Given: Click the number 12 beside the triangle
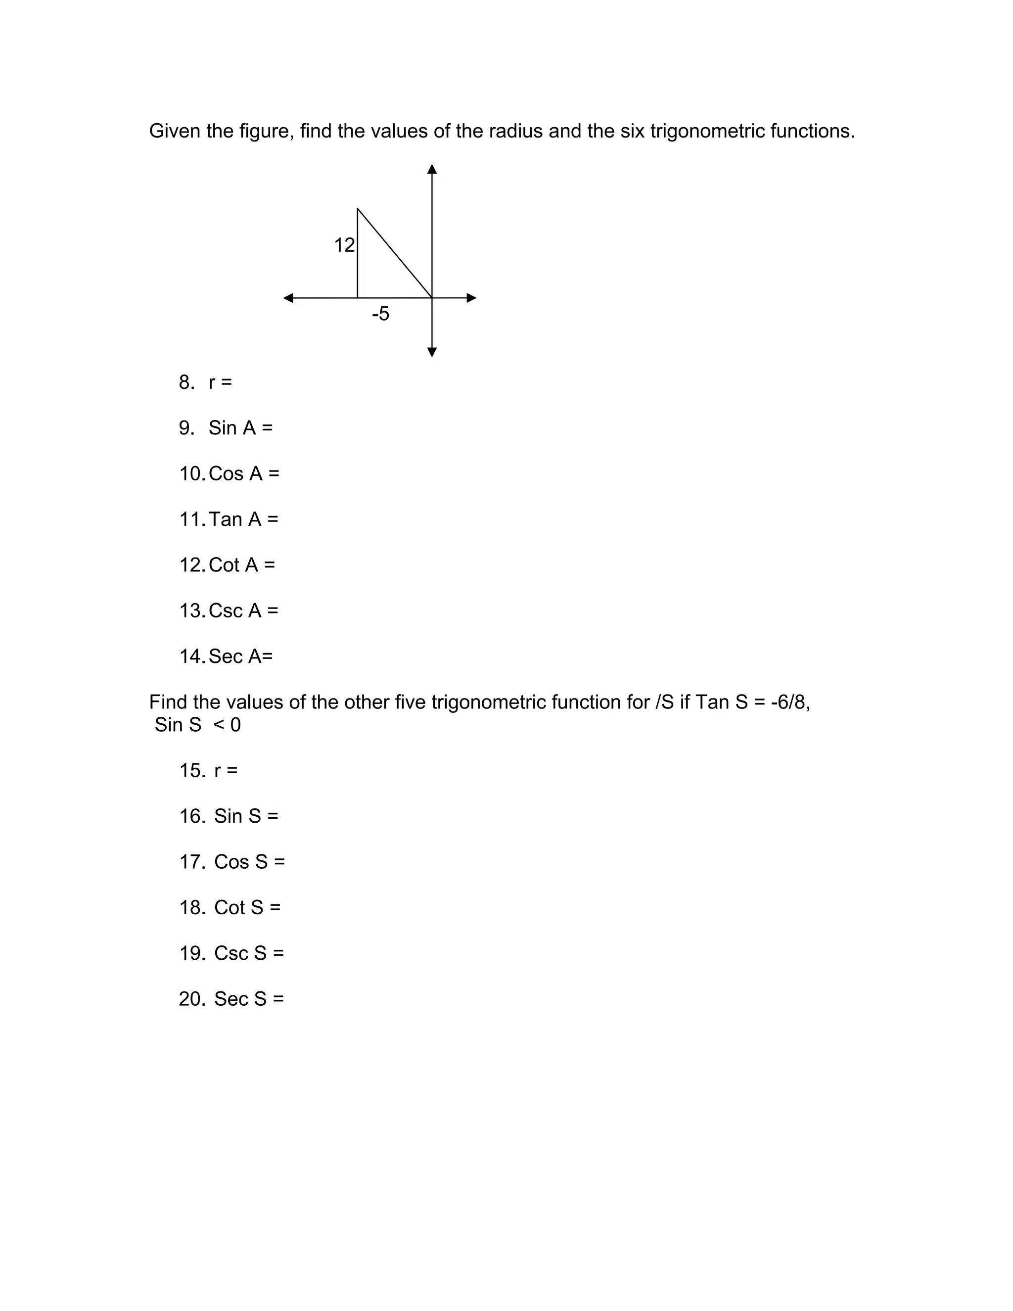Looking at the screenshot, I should [x=344, y=245].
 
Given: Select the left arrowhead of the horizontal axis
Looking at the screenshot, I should [x=289, y=298].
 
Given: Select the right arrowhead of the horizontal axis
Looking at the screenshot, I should [x=472, y=298].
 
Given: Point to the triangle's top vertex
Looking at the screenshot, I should [x=358, y=209].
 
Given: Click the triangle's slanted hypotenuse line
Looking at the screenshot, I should [x=394, y=253].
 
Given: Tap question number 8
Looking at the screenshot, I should [x=186, y=382].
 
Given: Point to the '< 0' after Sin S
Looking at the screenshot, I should [x=227, y=725].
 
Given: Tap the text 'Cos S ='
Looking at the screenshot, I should [x=250, y=862].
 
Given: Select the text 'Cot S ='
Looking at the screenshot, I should [x=247, y=908].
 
